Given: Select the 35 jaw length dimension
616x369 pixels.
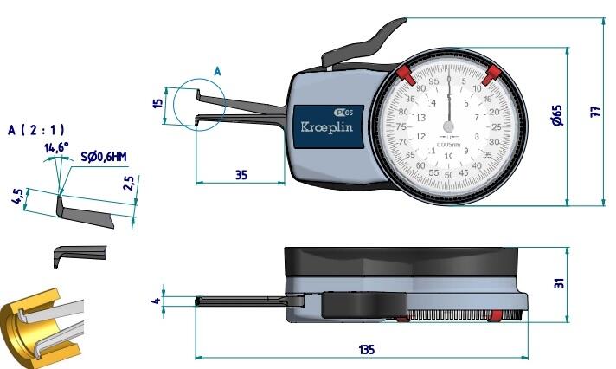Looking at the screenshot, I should [x=241, y=175].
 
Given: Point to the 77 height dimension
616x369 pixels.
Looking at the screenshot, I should [x=594, y=111].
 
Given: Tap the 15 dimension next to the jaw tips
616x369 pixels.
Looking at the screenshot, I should [x=157, y=102].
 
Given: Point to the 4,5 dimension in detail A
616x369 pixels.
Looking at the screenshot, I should [x=16, y=198].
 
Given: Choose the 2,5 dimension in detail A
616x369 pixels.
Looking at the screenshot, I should [x=129, y=184].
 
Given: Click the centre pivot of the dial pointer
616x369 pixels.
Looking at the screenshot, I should [x=448, y=126].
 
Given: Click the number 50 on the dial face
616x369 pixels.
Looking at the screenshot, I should [x=448, y=175].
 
